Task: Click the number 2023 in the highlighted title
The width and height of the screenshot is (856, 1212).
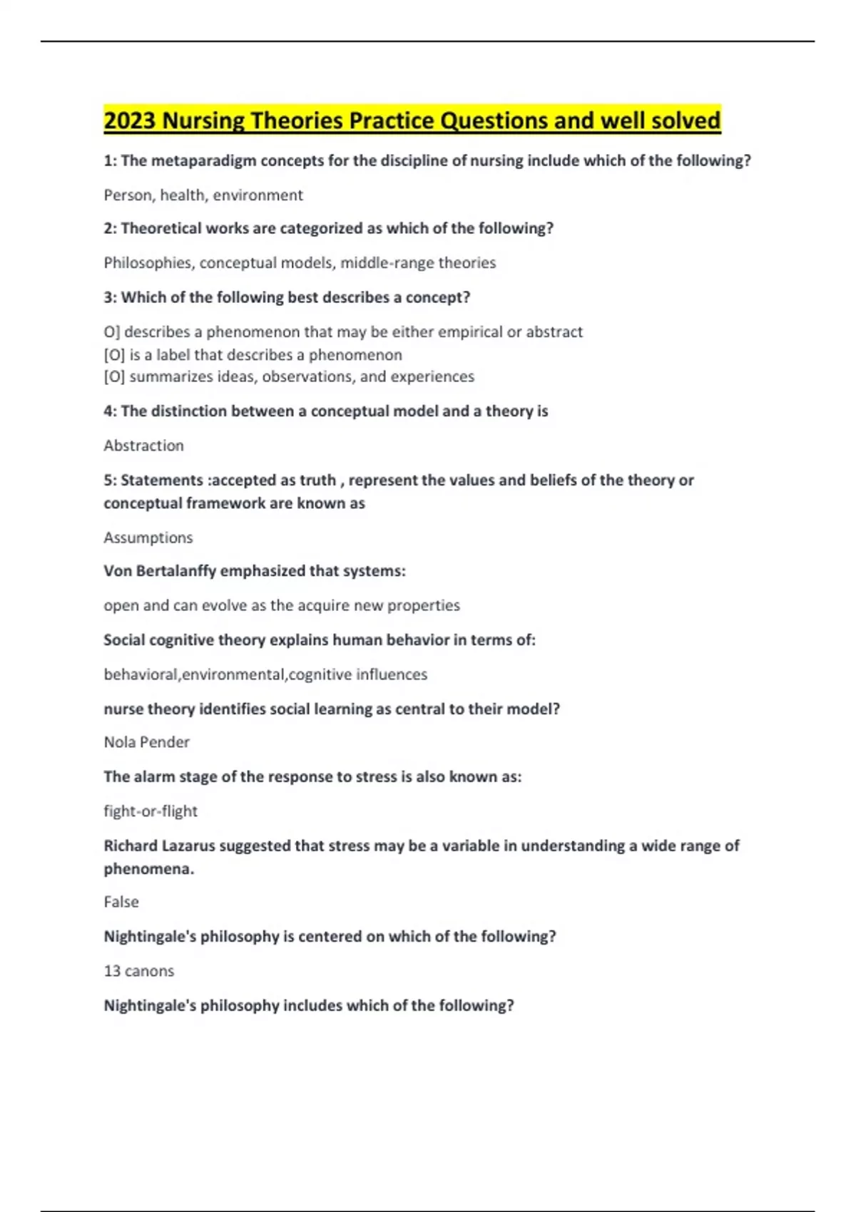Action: click(130, 120)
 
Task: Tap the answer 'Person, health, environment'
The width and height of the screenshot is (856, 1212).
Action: click(203, 195)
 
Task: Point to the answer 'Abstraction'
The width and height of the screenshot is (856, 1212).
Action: click(143, 446)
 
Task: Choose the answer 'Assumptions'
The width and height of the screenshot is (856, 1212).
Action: click(148, 538)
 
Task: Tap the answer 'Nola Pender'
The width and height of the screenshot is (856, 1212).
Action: click(146, 742)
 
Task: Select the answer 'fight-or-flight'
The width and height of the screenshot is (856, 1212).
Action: click(151, 811)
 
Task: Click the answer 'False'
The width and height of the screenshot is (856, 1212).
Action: click(121, 902)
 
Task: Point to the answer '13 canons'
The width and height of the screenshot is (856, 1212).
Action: click(138, 971)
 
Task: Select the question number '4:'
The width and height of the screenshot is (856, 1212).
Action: click(110, 411)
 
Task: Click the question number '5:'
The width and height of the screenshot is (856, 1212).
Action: click(110, 481)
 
